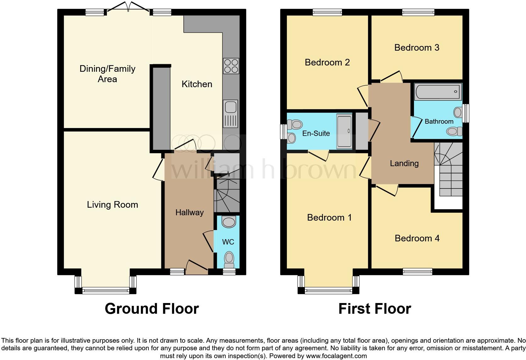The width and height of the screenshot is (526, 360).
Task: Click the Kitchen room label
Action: click(197, 84)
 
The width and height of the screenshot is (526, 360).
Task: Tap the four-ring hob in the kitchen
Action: click(231, 66)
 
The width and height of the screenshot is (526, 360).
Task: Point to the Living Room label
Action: click(112, 205)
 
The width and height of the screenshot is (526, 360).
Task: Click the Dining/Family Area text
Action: click(107, 74)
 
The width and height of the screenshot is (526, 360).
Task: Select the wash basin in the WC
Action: click(229, 222)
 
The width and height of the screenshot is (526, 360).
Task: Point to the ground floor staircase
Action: click(227, 195)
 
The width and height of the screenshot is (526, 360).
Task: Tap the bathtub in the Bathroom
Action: click(438, 92)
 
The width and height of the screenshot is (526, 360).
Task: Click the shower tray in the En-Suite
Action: click(344, 132)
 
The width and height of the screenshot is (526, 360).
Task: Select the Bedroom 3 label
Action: click(417, 48)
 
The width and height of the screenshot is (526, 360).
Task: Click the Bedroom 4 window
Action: click(417, 271)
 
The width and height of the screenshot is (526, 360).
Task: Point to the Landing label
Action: click(404, 163)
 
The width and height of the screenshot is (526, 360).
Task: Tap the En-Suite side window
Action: click(283, 132)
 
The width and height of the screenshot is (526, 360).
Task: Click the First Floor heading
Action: click(374, 309)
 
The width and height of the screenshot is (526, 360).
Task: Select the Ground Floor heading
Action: click(152, 309)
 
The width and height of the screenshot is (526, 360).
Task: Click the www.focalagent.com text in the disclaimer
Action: click(336, 356)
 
